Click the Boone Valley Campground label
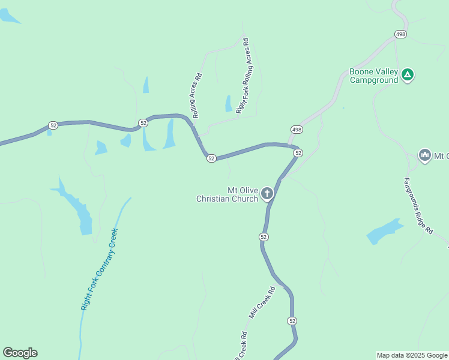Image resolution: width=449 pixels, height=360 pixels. pos(373,76)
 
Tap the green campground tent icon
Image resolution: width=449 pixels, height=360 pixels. pos(408,75)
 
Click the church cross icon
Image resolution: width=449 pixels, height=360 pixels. pos(267,193)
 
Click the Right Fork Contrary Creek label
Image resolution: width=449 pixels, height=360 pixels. pos(99,269)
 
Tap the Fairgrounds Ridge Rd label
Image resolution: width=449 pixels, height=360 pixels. pos(418,205)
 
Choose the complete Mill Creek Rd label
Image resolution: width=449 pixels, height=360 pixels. pos(262,302)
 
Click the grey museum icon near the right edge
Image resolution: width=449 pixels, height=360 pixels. pos(425,155)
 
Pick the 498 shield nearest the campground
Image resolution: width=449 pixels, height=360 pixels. pos(400,34)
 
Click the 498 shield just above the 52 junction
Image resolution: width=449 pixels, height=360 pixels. pos(297,130)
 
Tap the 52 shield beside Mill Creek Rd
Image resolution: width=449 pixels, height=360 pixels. pos(292,321)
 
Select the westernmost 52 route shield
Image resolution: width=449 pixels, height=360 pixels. pos(53,125)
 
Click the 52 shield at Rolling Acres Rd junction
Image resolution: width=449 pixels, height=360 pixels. pos(211,158)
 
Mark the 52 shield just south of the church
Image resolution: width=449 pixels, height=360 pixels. pos(264,237)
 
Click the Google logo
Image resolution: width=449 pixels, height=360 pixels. pos(20,353)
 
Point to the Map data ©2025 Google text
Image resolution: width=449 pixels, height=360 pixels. pos(412,355)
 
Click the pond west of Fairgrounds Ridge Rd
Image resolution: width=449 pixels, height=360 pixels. pos(384,231)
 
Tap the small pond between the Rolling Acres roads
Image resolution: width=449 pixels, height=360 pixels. pos(228,104)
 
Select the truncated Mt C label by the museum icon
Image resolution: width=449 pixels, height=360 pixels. pos(442,156)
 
